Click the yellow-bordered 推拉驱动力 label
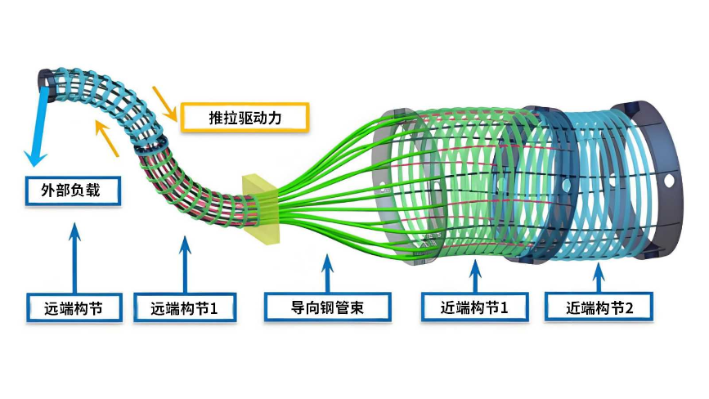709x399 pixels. (245, 118)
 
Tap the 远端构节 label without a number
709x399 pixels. (74, 307)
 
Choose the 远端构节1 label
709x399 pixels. (183, 307)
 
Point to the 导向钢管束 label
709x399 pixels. (327, 307)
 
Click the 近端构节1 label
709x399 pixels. (476, 307)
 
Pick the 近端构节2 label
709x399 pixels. (600, 307)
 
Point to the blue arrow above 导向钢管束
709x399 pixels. (327, 270)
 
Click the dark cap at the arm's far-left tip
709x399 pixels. (43, 80)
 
